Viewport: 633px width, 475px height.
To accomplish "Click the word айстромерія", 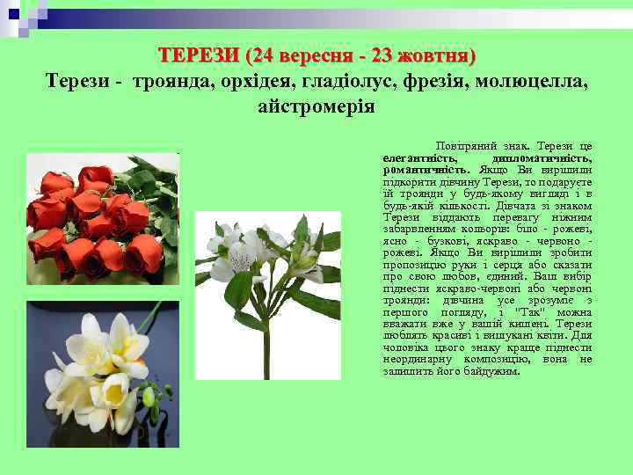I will point(316,107).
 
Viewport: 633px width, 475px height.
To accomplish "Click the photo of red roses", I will point(103,219).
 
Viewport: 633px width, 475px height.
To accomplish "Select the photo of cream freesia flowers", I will point(103,374).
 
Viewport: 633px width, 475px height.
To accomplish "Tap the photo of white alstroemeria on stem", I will point(267,296).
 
